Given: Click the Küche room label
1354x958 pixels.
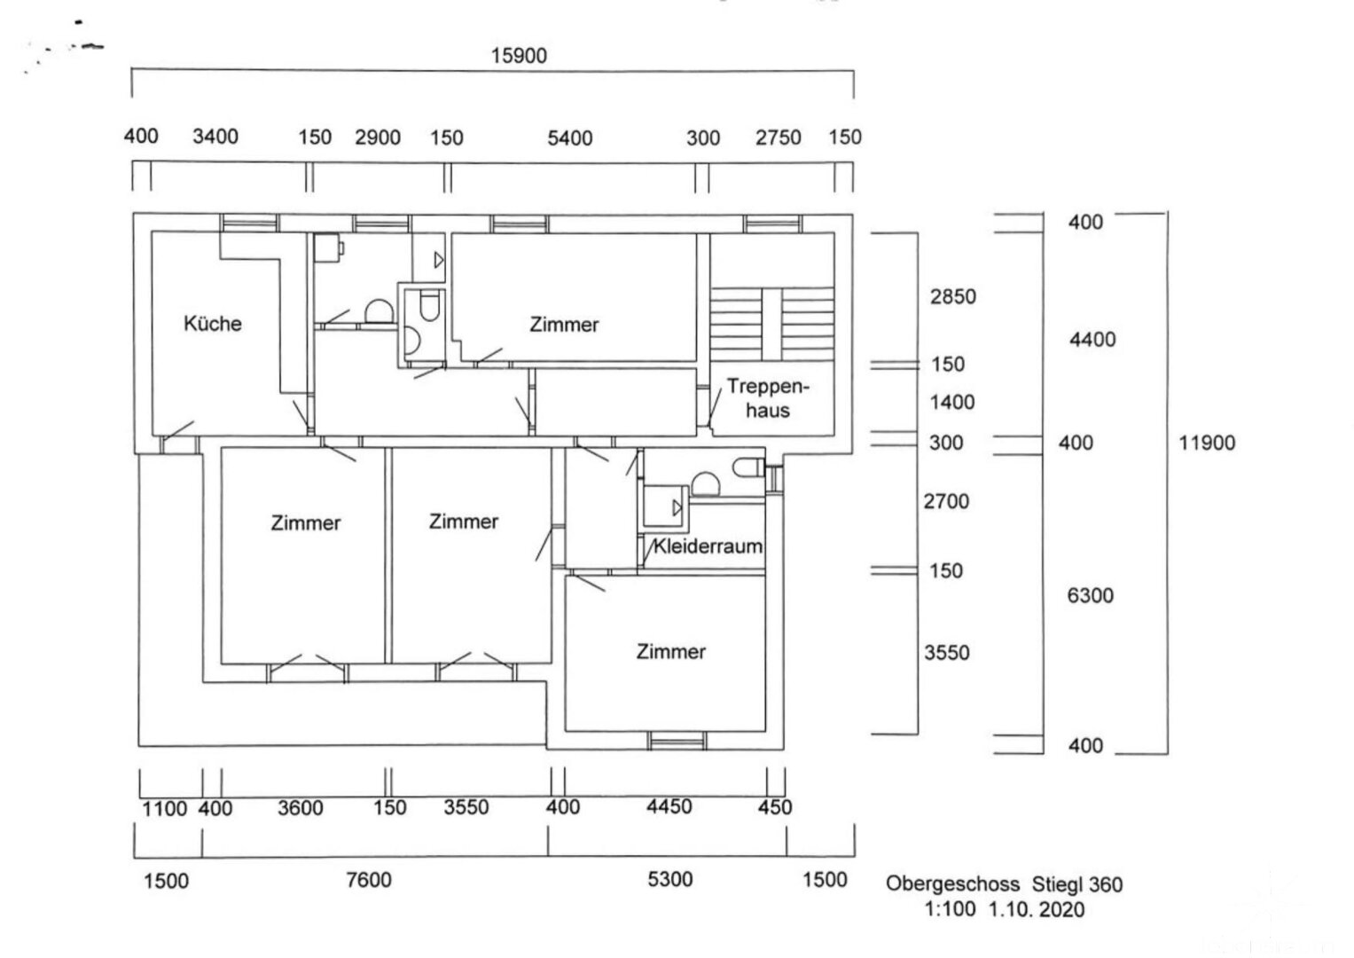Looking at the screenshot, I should pyautogui.click(x=212, y=324).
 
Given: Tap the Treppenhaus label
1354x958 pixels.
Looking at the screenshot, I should pyautogui.click(x=767, y=398).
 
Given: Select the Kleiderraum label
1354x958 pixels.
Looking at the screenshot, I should pyautogui.click(x=708, y=546).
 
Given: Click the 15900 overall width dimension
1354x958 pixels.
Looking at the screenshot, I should pyautogui.click(x=519, y=56).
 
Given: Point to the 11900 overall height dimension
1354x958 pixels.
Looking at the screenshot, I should pyautogui.click(x=1206, y=443).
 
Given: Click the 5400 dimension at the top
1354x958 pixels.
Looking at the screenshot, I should pyautogui.click(x=569, y=138).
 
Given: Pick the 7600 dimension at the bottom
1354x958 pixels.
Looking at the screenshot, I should pyautogui.click(x=368, y=880).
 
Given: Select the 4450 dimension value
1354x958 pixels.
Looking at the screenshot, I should pyautogui.click(x=669, y=807).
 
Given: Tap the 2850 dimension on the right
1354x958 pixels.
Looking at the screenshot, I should pyautogui.click(x=952, y=297).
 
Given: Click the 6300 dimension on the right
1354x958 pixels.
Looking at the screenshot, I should pyautogui.click(x=1090, y=596).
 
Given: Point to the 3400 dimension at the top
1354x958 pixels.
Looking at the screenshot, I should pyautogui.click(x=215, y=137).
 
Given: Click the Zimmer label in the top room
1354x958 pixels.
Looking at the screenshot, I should pyautogui.click(x=564, y=325).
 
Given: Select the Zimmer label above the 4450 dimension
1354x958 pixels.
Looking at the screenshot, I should pyautogui.click(x=670, y=652).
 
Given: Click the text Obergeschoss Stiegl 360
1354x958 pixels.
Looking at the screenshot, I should pyautogui.click(x=1004, y=884).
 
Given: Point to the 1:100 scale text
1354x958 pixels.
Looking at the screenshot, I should pyautogui.click(x=950, y=909).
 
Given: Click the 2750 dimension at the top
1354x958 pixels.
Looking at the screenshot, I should pyautogui.click(x=778, y=138).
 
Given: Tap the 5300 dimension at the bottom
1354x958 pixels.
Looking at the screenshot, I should pyautogui.click(x=669, y=880).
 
